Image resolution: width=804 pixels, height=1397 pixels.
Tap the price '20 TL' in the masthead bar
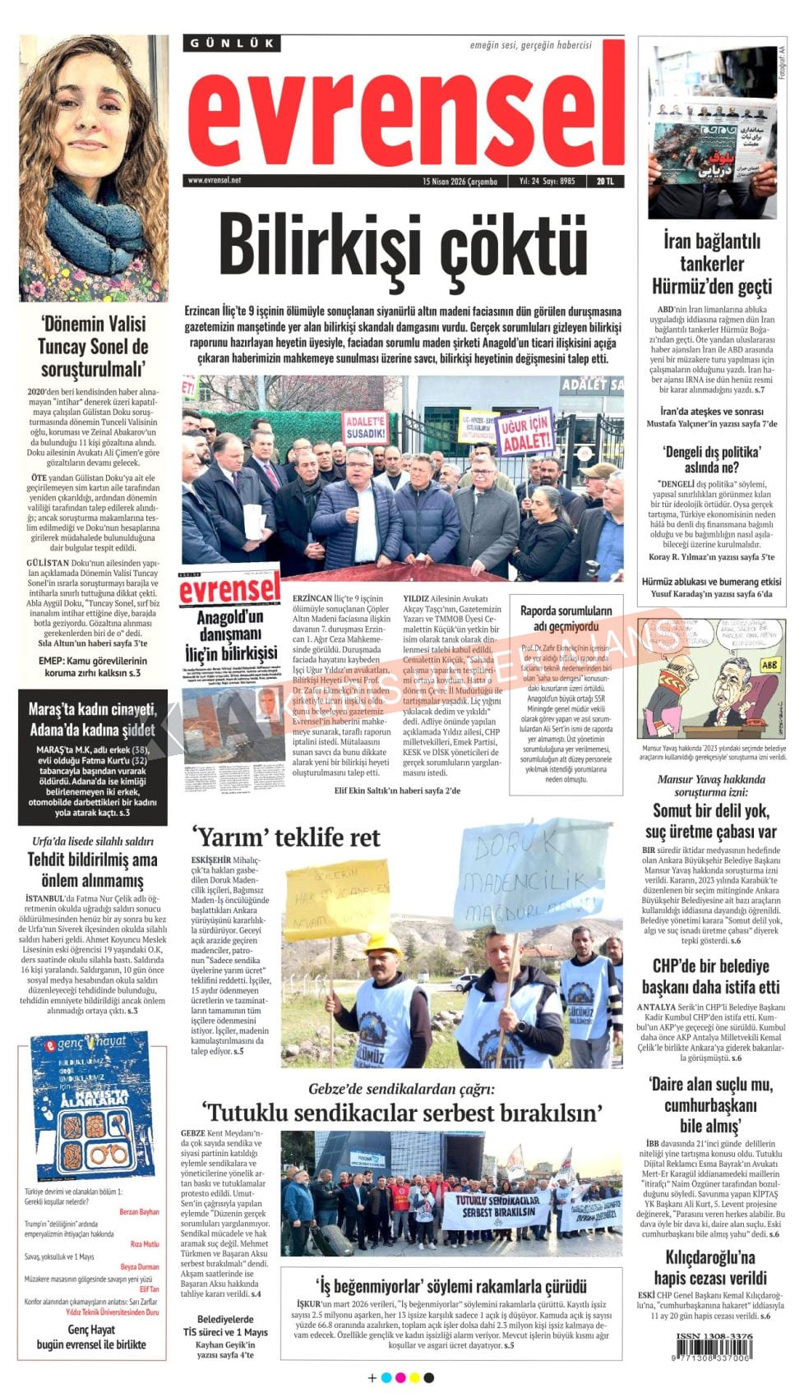605,182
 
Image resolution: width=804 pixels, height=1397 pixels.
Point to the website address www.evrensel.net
215,181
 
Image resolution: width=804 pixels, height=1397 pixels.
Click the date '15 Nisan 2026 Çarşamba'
460,182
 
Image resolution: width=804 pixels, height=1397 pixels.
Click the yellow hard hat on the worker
382,945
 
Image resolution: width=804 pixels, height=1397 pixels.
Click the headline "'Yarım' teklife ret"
286,837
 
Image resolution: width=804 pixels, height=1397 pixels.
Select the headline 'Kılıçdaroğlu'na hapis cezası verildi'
710,1267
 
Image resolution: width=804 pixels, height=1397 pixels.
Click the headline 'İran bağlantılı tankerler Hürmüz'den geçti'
712,264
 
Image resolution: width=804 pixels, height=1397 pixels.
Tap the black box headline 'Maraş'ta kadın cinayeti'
92,719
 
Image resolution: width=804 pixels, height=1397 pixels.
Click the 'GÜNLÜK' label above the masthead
231,44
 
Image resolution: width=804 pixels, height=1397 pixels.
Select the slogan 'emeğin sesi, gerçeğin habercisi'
530,45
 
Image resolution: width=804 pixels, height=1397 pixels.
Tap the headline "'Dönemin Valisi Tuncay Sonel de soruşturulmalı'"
93,346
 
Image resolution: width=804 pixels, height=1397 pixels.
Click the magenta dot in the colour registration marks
400,1377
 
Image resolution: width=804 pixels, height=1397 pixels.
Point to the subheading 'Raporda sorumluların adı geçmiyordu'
566,619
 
